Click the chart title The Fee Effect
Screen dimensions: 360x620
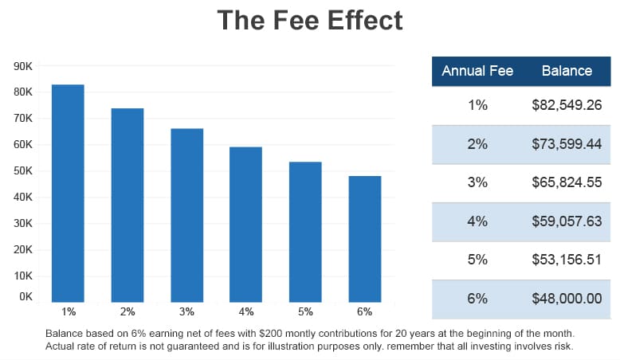[310, 21]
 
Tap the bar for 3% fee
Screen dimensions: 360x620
[186, 215]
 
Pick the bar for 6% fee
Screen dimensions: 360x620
[365, 239]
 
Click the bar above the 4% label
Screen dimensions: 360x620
[246, 224]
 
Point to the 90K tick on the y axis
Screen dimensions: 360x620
[23, 66]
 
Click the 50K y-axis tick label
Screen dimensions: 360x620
[23, 171]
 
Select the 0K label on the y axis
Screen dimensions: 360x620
[26, 296]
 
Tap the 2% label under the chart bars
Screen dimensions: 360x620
[128, 311]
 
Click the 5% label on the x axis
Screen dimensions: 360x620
[305, 311]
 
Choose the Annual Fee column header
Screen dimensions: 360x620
[477, 71]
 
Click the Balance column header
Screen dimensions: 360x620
[567, 71]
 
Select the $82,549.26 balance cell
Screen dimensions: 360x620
[567, 105]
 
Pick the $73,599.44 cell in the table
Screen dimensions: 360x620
[567, 144]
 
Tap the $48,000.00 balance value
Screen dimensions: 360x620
[567, 299]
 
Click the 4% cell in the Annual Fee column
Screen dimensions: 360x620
[477, 221]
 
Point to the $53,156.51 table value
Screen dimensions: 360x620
[567, 260]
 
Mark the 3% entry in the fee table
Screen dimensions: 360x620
[477, 182]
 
